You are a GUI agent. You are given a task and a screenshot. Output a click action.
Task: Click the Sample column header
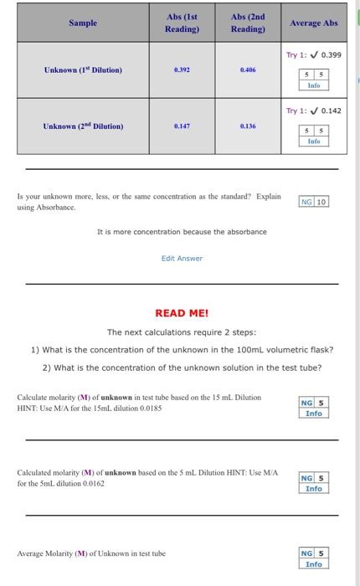point(83,23)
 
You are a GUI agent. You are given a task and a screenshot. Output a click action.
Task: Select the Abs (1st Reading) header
point(182,23)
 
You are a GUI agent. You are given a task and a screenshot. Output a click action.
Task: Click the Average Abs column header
point(314,23)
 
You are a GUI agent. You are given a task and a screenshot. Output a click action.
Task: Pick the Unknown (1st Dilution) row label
point(83,69)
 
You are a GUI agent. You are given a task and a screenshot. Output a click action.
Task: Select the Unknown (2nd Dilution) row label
point(83,126)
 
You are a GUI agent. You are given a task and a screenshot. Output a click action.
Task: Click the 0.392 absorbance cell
point(182,70)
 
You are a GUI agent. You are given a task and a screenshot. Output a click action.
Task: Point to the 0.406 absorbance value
point(246,70)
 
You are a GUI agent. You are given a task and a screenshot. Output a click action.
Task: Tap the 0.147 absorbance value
point(182,126)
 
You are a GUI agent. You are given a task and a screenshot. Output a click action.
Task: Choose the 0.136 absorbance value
point(246,126)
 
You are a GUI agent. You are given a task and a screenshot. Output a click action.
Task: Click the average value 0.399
point(330,55)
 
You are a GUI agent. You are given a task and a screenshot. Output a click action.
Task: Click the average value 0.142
point(330,111)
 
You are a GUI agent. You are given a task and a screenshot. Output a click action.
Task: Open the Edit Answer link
point(182,259)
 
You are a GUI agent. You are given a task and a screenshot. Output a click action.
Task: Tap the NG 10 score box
point(314,202)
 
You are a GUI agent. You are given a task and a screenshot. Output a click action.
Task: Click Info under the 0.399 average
point(314,85)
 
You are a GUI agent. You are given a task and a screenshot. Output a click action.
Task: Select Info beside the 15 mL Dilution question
point(314,414)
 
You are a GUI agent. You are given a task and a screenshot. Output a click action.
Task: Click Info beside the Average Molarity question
point(314,564)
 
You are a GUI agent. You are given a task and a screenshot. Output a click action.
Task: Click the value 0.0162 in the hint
point(91,484)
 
